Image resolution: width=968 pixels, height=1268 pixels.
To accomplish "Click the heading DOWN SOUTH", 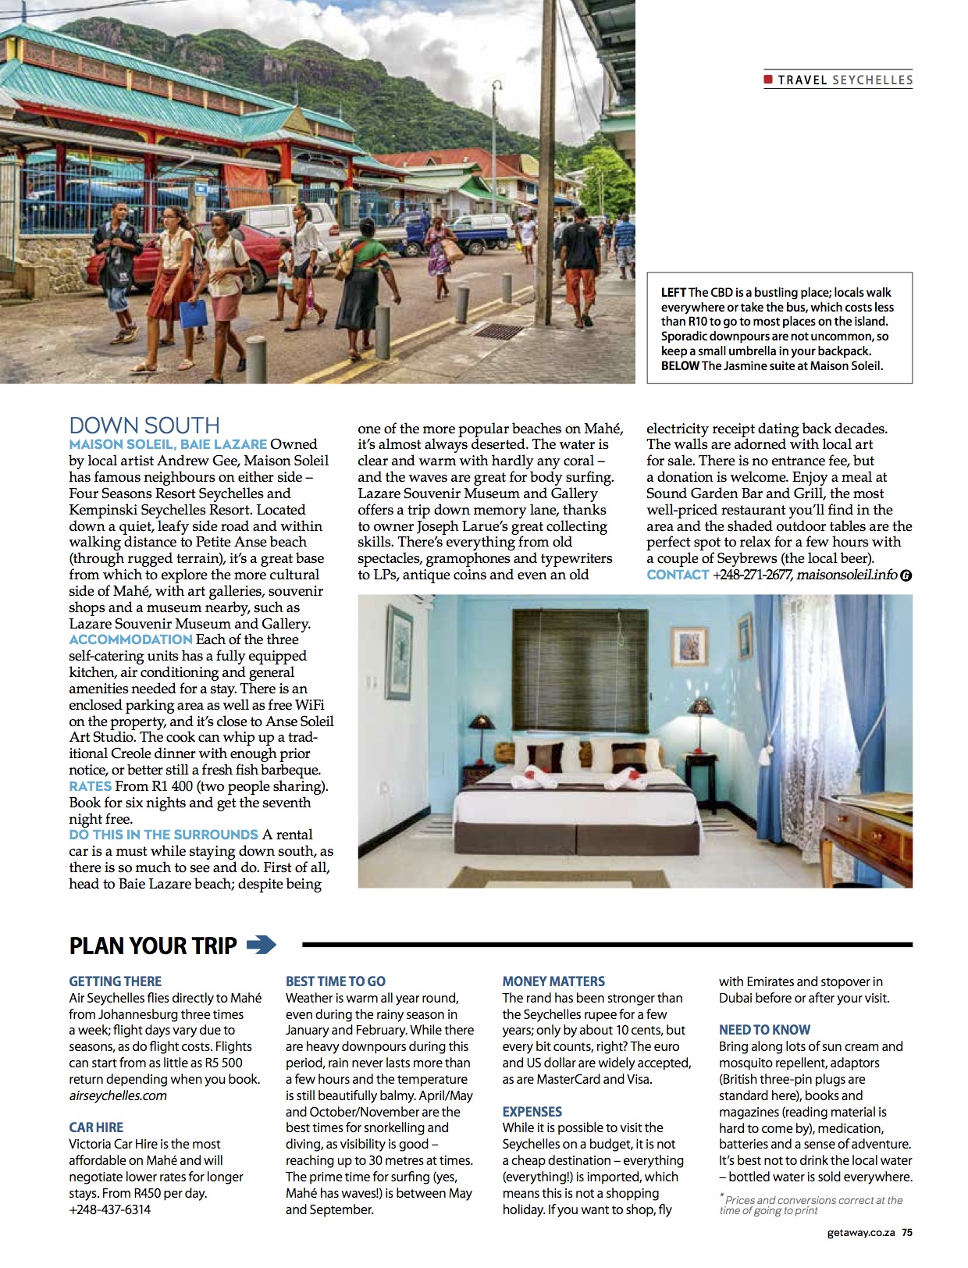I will coord(144,426).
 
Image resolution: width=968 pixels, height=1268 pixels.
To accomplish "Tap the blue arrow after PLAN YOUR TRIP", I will coord(262,946).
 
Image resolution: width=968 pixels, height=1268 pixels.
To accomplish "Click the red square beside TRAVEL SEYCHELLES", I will coord(768,80).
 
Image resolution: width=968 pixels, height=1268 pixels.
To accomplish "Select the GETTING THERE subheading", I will coord(115,981).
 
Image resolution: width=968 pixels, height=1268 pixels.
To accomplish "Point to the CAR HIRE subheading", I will coord(96,1127).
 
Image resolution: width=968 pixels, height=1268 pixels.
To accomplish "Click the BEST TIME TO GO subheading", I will coord(335,981).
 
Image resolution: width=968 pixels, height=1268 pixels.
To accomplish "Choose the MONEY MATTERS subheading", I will coord(553,981).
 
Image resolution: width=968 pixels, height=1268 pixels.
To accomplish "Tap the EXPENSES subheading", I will coord(532,1112).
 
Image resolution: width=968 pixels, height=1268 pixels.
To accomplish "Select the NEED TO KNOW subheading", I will coord(764,1030).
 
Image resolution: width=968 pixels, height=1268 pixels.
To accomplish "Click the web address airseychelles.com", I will coord(118,1095).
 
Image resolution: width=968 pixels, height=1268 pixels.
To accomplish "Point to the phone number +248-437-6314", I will coord(110,1209).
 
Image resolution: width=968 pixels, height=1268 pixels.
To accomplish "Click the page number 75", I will coord(907,1233).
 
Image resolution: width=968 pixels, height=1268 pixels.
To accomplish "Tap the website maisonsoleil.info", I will coord(846,575).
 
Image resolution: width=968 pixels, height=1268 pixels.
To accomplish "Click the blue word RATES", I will coord(90,786).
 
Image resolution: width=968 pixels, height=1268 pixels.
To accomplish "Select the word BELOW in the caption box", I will coord(679,365).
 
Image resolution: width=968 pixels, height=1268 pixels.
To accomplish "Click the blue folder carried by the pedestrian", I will coord(193,314).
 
